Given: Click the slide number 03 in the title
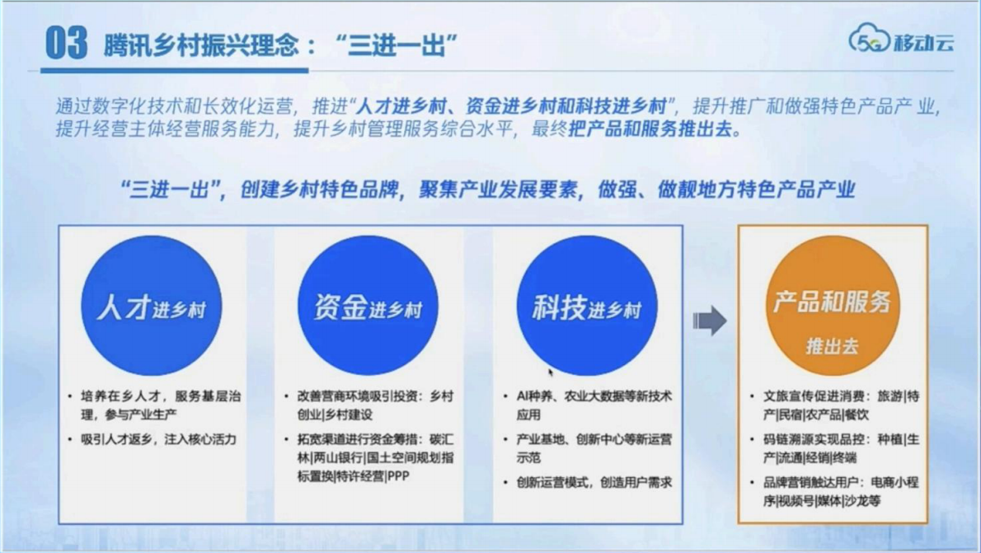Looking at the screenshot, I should (x=66, y=43).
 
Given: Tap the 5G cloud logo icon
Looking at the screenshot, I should (x=869, y=39).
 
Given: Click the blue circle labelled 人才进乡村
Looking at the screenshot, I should (x=151, y=306).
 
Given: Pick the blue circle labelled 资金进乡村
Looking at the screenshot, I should (x=368, y=306).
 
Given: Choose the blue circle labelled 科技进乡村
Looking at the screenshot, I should (x=586, y=306).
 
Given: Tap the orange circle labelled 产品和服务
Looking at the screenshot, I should (x=831, y=306).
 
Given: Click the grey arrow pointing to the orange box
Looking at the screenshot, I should (x=709, y=320).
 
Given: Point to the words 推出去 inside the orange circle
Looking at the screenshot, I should (x=832, y=346).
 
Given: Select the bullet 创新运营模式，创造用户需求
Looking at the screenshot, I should (x=594, y=482).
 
